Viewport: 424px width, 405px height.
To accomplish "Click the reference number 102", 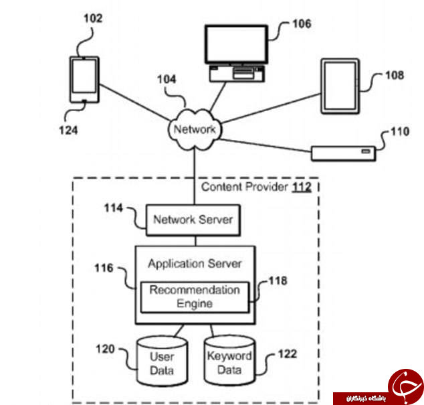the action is point(93,19).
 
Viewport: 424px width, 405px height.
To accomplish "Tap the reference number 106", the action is point(302,24).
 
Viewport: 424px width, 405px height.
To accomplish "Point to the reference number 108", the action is point(395,75).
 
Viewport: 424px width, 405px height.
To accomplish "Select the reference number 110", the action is point(400,132).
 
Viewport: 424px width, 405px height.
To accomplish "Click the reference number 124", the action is point(68,131).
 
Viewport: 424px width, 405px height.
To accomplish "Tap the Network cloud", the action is point(195,129).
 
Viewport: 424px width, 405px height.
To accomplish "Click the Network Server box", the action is point(193,220).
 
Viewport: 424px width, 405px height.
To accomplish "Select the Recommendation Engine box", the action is point(195,297).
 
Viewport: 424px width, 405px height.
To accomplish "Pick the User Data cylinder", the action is point(163,361).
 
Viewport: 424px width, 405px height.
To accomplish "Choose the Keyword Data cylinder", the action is point(229,360).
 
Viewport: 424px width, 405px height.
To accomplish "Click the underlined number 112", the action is point(302,187).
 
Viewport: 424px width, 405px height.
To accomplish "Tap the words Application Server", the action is point(195,264).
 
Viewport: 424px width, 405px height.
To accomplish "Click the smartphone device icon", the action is point(84,80).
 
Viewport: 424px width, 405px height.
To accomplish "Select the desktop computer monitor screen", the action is point(236,44).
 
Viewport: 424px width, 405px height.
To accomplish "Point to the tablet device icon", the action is point(340,86).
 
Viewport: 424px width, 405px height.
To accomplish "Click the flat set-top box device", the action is point(344,153).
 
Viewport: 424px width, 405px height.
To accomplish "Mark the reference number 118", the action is point(278,280).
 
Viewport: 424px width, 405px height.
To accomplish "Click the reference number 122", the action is point(288,354).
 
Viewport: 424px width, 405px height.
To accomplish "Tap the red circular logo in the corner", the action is point(405,386).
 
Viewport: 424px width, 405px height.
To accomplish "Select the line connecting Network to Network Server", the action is point(195,177).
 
